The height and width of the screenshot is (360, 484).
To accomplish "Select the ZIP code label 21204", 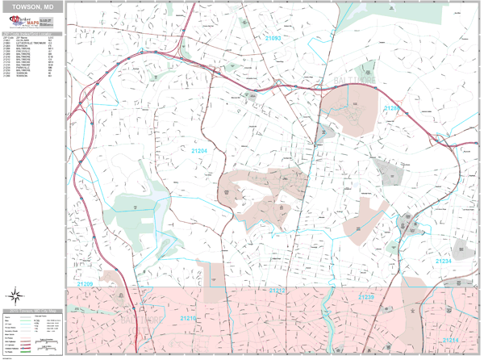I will (x=198, y=151).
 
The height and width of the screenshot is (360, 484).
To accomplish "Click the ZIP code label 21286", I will (x=391, y=108).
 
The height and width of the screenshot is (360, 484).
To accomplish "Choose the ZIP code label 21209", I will (x=86, y=284).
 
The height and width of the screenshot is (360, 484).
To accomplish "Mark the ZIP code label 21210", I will (x=188, y=319).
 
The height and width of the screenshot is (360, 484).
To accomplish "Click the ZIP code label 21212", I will (x=277, y=290).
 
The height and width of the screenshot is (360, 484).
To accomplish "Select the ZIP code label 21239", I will (x=366, y=298).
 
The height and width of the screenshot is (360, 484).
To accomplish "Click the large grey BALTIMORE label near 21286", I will (x=356, y=82).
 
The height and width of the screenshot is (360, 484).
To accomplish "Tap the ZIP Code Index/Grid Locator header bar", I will (x=32, y=35).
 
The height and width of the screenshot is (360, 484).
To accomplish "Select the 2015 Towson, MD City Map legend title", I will (x=32, y=311).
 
